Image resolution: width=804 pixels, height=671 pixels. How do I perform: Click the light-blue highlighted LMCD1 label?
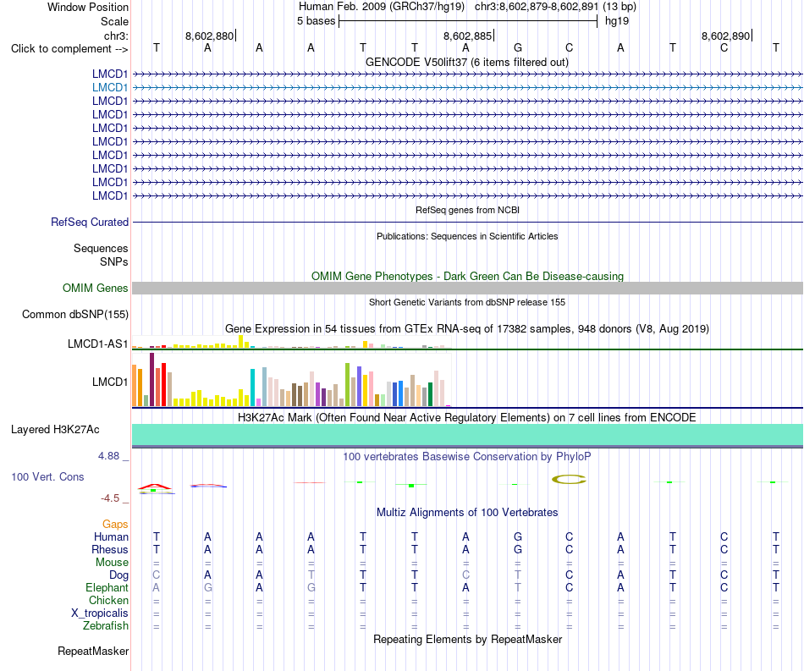tap(110, 88)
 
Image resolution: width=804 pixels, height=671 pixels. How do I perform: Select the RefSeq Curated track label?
tap(90, 222)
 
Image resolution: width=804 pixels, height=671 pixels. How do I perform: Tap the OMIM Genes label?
tap(96, 288)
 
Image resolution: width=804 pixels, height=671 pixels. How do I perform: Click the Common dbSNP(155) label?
tap(75, 314)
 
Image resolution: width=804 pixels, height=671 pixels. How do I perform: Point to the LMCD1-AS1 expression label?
tap(97, 344)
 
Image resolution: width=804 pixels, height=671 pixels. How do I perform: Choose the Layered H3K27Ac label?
tap(55, 430)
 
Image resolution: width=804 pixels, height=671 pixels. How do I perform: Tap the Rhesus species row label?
tap(110, 549)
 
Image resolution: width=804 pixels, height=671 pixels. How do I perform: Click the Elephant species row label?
tap(107, 587)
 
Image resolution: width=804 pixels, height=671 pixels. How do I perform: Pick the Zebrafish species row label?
tap(106, 626)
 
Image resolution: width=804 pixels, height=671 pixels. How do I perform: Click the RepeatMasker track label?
tap(93, 651)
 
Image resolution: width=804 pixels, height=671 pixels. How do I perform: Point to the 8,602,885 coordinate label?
tap(467, 36)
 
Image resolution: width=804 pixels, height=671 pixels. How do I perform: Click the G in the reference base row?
tap(518, 47)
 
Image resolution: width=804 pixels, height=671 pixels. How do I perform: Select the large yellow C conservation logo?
tap(570, 479)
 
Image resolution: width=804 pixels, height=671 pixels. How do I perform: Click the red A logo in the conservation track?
tap(156, 486)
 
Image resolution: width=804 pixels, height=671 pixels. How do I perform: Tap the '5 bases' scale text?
tap(316, 21)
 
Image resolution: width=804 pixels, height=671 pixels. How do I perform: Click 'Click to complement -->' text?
tap(69, 49)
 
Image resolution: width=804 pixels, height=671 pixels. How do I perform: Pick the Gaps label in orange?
tap(115, 524)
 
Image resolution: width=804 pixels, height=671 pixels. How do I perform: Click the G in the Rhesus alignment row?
tap(518, 549)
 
